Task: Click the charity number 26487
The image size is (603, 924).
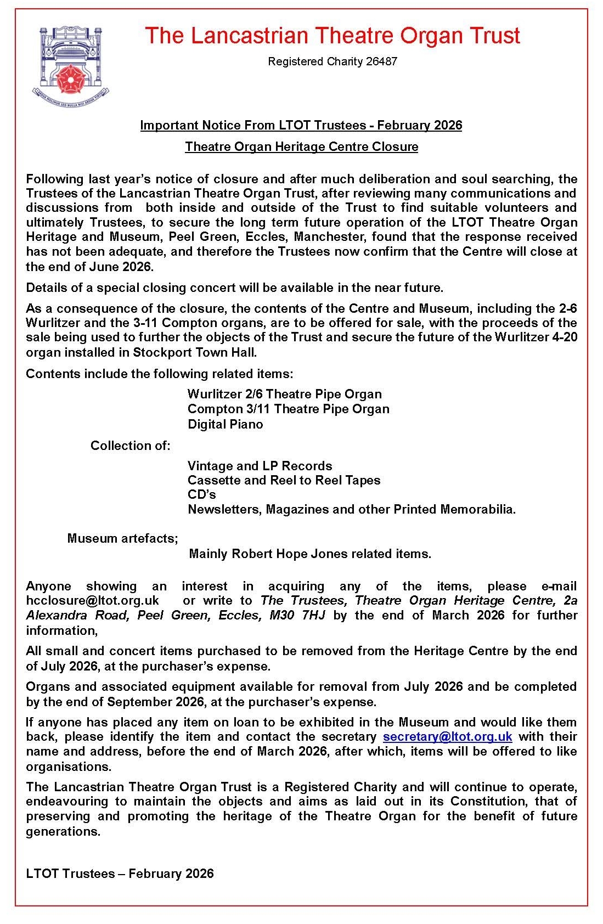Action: coord(381,61)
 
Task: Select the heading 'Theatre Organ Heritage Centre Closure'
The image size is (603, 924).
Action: coord(301,147)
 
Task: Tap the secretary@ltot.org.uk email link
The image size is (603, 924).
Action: coord(447,736)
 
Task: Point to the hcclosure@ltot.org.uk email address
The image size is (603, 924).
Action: coord(92,601)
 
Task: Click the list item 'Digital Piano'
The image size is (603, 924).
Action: coord(225,424)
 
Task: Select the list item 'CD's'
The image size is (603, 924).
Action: coord(201,494)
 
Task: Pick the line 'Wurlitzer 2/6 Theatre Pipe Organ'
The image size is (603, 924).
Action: coord(284,394)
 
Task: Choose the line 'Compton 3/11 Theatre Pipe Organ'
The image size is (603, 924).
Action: coord(288,409)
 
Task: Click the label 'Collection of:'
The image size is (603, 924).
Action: coord(130,446)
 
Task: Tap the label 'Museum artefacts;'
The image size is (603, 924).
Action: coord(122,538)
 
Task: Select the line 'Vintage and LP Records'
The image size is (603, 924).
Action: coord(260,466)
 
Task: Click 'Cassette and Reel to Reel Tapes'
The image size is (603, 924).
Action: coord(284,480)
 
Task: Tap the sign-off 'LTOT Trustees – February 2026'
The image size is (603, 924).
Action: coord(120,874)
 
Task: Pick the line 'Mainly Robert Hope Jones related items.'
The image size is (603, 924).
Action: coord(309,554)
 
